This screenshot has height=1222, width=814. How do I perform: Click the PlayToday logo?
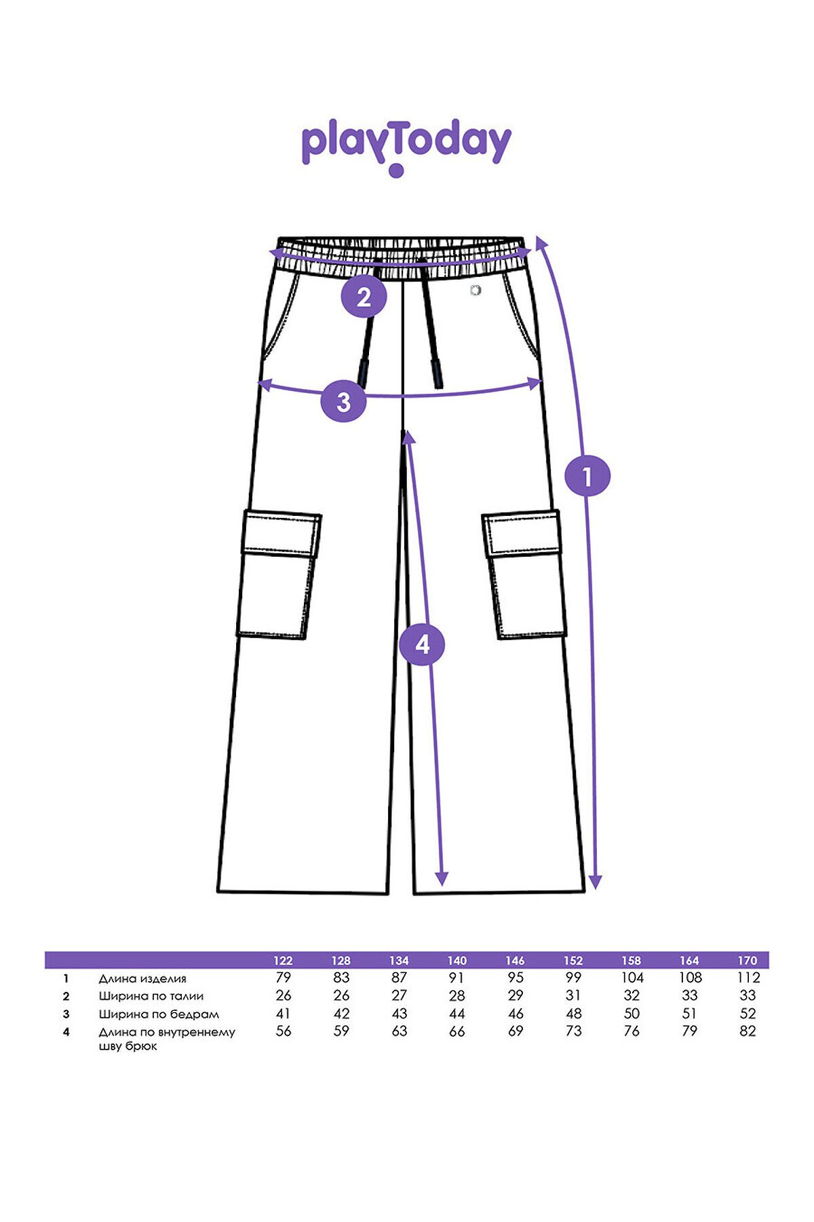(x=406, y=148)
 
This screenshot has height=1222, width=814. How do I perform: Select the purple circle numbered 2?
(x=364, y=297)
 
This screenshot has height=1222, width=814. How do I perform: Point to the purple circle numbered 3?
(x=343, y=401)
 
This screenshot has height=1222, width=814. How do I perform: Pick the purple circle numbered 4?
(x=422, y=644)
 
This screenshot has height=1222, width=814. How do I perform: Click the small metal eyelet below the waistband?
(x=476, y=291)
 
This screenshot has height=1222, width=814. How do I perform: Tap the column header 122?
(x=283, y=961)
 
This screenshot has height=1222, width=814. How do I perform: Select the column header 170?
(x=747, y=961)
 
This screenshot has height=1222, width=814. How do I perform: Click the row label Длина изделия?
(x=142, y=978)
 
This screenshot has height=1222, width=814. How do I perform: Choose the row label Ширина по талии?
(x=151, y=996)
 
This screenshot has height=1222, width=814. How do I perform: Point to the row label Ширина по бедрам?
(x=159, y=1014)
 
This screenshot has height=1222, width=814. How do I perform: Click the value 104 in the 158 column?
(x=632, y=978)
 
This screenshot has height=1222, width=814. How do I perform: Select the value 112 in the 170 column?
(x=747, y=978)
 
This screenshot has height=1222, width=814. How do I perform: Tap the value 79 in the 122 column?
(x=283, y=978)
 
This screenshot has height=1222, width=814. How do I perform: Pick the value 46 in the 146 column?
(x=516, y=1014)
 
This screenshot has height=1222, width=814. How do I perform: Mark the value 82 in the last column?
(x=748, y=1031)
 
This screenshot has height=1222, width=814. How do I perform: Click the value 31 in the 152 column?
(x=573, y=995)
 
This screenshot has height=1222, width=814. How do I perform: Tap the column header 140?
(x=457, y=961)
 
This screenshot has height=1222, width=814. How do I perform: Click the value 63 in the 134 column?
(x=400, y=1031)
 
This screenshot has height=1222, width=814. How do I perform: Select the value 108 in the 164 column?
(x=690, y=978)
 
